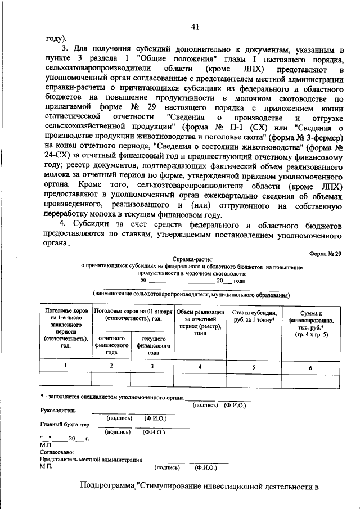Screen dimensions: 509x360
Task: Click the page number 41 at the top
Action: (195, 26)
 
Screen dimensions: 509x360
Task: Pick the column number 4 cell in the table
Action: (200, 366)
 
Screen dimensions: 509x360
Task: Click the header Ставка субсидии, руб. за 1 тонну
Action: (254, 316)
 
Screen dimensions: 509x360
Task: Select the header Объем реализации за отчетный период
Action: (200, 322)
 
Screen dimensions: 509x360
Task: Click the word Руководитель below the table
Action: (58, 411)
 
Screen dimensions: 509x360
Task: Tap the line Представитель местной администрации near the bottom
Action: (91, 460)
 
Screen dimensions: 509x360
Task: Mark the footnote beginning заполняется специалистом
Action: (115, 398)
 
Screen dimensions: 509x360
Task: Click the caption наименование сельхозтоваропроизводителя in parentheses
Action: (191, 294)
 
